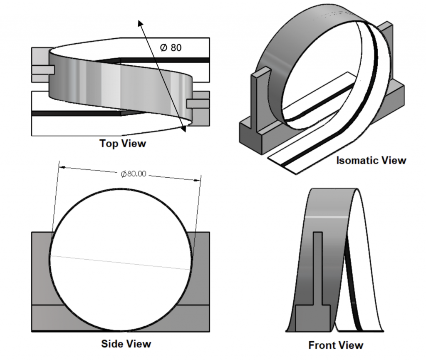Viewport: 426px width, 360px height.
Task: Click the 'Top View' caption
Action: tap(123, 144)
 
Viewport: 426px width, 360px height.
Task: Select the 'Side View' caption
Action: tap(126, 344)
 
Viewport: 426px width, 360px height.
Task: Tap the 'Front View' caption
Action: tap(336, 345)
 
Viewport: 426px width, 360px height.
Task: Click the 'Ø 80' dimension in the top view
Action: tap(171, 47)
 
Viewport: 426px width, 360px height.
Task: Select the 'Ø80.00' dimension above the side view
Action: tap(133, 174)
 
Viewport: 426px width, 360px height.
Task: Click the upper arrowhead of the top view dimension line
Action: tap(141, 23)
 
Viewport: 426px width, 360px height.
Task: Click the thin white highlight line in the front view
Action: tap(327, 217)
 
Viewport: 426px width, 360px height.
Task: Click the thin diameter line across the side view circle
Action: tap(121, 263)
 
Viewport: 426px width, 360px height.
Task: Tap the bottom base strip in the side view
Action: tap(121, 318)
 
